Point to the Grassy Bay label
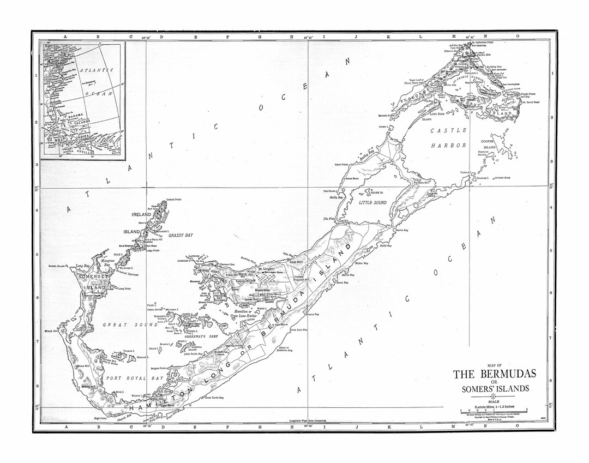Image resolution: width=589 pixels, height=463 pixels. tap(181, 235)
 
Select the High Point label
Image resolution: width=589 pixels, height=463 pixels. tap(100, 418)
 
